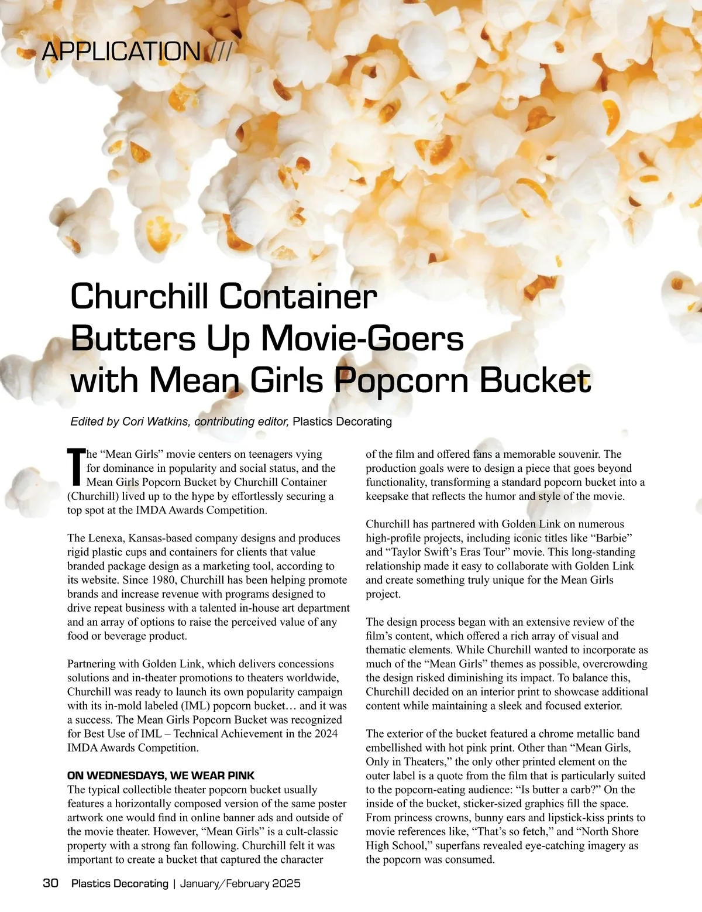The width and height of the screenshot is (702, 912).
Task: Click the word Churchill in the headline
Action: point(139,296)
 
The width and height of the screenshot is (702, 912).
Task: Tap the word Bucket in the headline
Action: point(535,380)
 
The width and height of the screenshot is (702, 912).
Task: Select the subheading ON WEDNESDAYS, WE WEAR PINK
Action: point(161,776)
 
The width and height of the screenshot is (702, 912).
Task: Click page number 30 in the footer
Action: point(51,883)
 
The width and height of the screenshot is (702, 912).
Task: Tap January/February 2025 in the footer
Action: point(240,883)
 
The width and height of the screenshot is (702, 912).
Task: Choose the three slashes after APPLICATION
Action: point(219,52)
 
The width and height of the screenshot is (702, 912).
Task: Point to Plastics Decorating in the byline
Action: point(342,421)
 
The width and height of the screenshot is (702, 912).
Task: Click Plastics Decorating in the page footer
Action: point(119,883)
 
